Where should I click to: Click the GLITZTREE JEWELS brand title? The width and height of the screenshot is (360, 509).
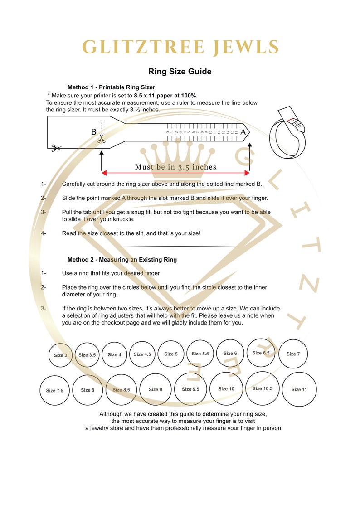pyautogui.click(x=180, y=47)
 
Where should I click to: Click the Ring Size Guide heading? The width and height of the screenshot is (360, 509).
pyautogui.click(x=180, y=72)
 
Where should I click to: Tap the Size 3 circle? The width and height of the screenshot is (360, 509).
pyautogui.click(x=61, y=355)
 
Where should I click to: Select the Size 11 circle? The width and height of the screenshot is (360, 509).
pyautogui.click(x=299, y=389)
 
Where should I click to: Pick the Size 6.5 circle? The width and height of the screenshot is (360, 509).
pyautogui.click(x=261, y=353)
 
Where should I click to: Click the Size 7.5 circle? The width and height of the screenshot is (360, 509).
pyautogui.click(x=54, y=390)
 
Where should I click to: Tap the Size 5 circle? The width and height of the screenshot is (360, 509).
pyautogui.click(x=171, y=354)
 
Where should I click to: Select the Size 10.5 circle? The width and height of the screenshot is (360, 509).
pyautogui.click(x=263, y=388)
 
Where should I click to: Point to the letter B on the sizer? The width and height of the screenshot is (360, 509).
pyautogui.click(x=94, y=132)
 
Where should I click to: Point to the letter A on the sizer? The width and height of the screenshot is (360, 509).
pyautogui.click(x=243, y=132)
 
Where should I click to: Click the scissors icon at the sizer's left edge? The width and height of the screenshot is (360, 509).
pyautogui.click(x=56, y=148)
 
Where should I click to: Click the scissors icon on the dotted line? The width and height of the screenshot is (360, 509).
pyautogui.click(x=102, y=140)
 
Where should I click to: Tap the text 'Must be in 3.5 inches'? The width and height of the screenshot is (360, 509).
pyautogui.click(x=175, y=167)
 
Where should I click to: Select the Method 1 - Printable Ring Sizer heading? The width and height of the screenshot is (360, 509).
pyautogui.click(x=111, y=87)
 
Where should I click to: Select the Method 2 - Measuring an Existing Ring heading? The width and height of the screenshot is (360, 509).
pyautogui.click(x=122, y=260)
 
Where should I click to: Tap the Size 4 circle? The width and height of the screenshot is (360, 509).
pyautogui.click(x=114, y=354)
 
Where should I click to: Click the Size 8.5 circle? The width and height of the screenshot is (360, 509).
pyautogui.click(x=121, y=389)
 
